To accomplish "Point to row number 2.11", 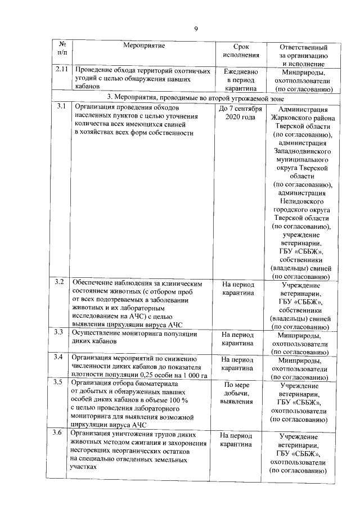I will [x=62, y=70].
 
